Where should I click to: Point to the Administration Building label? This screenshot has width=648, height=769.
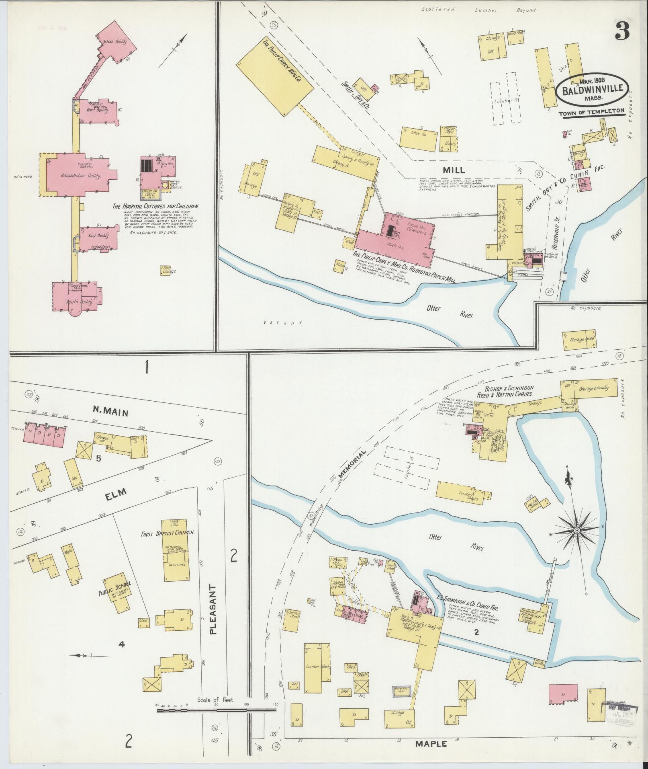76,176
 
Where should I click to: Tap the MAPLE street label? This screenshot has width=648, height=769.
431,744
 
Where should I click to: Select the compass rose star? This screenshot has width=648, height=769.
576,531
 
